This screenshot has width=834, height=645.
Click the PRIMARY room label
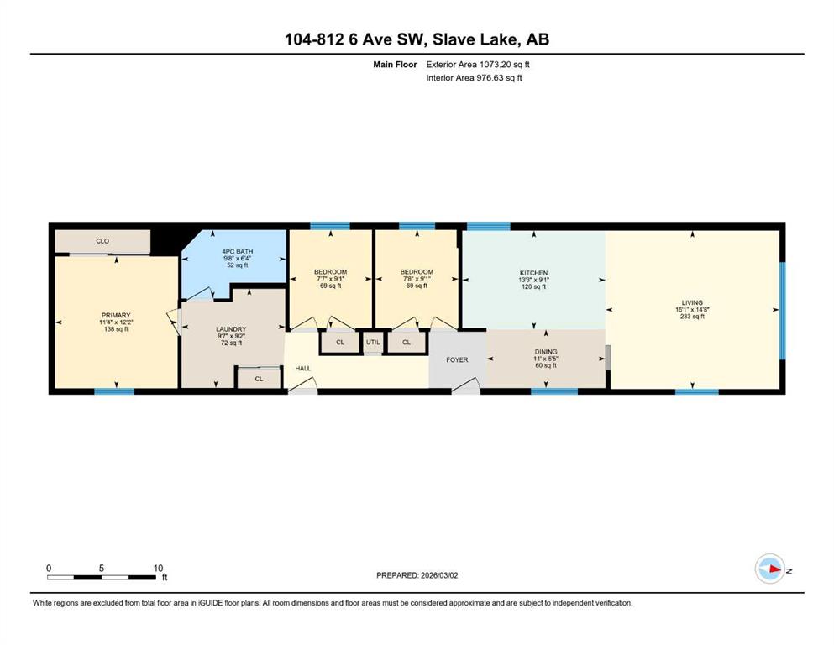pyautogui.click(x=116, y=315)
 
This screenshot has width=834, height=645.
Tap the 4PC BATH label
pyautogui.click(x=237, y=251)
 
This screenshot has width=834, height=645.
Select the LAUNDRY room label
pyautogui.click(x=231, y=329)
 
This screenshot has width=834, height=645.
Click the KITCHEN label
pyautogui.click(x=533, y=273)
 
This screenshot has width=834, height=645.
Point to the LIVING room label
pyautogui.click(x=692, y=302)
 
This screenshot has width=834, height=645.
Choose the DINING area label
pyautogui.click(x=546, y=352)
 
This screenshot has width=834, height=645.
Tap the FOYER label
pyautogui.click(x=457, y=360)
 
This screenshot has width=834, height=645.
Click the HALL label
pyautogui.click(x=302, y=368)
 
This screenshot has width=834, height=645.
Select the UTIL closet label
pyautogui.click(x=373, y=342)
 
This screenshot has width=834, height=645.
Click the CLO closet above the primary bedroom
pyautogui.click(x=102, y=241)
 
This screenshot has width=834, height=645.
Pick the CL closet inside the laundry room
pyautogui.click(x=259, y=379)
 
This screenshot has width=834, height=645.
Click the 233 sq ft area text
pyautogui.click(x=692, y=317)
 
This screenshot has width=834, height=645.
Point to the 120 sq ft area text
pyautogui.click(x=533, y=286)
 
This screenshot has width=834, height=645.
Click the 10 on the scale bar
pyautogui.click(x=158, y=568)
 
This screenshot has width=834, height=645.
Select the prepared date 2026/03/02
pyautogui.click(x=439, y=575)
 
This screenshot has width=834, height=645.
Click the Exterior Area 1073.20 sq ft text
pyautogui.click(x=478, y=65)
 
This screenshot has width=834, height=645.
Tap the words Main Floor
pyautogui.click(x=395, y=65)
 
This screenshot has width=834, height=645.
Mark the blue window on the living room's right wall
pyautogui.click(x=783, y=311)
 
